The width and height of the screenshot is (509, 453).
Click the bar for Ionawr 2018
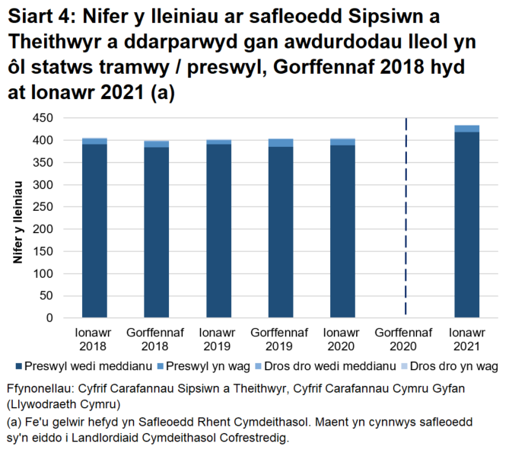click(94, 228)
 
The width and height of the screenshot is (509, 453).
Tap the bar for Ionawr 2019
click(218, 228)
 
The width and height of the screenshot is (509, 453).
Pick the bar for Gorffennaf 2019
click(281, 228)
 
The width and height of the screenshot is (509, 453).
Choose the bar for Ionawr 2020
click(342, 228)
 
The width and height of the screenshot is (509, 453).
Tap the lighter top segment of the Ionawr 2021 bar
click(466, 129)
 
